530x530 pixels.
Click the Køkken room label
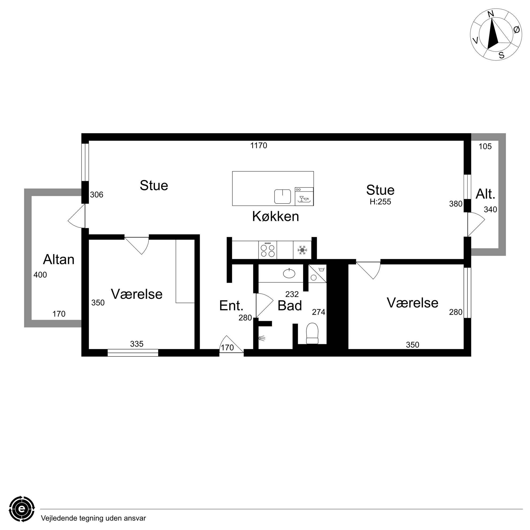(275, 216)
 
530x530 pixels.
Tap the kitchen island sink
(283, 196)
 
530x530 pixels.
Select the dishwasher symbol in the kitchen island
(304, 196)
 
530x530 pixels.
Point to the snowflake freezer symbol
(302, 250)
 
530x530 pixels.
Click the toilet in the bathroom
(312, 333)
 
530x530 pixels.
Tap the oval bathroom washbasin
(289, 274)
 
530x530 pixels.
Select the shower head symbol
(262, 338)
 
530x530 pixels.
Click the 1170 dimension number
(258, 145)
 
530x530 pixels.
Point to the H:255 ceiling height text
(380, 202)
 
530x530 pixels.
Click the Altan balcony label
(59, 259)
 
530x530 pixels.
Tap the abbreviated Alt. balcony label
(485, 194)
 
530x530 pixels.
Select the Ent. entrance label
(231, 306)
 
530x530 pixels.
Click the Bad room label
(290, 306)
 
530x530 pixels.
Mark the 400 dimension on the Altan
(40, 275)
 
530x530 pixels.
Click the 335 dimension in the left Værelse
(137, 344)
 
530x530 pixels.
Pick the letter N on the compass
(491, 14)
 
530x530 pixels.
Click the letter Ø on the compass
(516, 30)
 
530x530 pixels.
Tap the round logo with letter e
(22, 509)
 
